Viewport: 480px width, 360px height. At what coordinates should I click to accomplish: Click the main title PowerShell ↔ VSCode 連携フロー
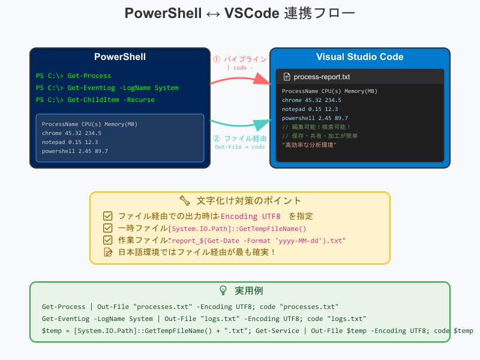(x=240, y=14)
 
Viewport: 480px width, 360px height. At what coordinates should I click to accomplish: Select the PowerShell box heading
(x=120, y=57)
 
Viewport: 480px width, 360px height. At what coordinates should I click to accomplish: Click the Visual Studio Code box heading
(x=359, y=57)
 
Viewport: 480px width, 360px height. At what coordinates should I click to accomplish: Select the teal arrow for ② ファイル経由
(x=240, y=124)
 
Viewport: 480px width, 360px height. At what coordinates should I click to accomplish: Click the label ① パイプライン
(x=240, y=59)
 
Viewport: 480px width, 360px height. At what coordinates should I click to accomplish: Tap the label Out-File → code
(x=239, y=147)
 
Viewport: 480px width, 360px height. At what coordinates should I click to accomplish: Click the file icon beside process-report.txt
(x=287, y=77)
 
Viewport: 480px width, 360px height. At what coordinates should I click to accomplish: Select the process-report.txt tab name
(x=322, y=77)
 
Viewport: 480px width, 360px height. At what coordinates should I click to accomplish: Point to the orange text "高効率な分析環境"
(x=309, y=145)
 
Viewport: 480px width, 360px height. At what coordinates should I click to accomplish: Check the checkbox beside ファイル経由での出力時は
(x=108, y=216)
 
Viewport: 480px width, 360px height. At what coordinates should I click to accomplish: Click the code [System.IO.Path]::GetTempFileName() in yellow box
(x=238, y=228)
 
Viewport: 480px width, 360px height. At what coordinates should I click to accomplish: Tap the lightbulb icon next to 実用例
(x=223, y=290)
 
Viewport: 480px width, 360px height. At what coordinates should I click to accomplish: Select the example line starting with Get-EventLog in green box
(x=204, y=319)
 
